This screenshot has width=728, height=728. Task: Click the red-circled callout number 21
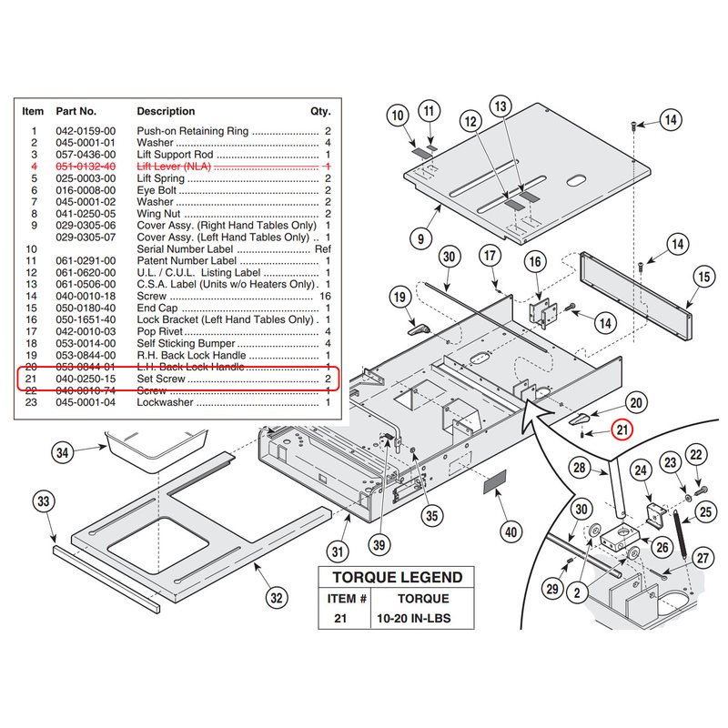[622, 430]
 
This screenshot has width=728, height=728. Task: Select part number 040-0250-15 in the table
[86, 379]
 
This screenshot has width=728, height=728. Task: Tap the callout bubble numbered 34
[63, 452]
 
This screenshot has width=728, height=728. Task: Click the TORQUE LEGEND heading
[398, 577]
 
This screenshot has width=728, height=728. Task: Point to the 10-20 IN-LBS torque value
[414, 619]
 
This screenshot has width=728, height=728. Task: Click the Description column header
[166, 111]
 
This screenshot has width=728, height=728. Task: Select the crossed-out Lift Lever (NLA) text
[174, 167]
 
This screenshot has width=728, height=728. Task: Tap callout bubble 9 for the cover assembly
[420, 238]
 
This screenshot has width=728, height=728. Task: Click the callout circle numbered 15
[703, 278]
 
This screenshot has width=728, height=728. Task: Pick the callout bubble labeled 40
[511, 531]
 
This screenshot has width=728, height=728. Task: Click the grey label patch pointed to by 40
[495, 482]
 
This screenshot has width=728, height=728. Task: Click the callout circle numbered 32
[277, 598]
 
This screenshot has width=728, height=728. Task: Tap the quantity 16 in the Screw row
[325, 297]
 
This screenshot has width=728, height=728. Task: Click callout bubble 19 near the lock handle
[399, 298]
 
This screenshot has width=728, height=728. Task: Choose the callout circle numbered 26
[662, 548]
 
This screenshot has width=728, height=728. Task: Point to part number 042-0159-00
[86, 131]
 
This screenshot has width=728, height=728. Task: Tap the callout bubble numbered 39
[379, 544]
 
